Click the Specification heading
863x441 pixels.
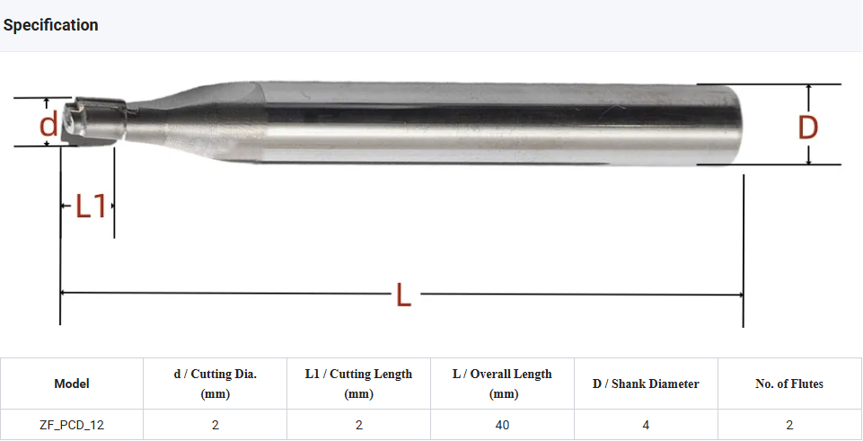[x=50, y=25]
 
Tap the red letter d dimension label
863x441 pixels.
[x=48, y=125]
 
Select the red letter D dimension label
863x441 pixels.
[x=808, y=128]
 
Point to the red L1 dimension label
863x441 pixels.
[x=90, y=207]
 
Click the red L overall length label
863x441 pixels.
[x=403, y=295]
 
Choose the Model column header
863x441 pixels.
[x=72, y=384]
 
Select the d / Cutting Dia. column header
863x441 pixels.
[x=216, y=384]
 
